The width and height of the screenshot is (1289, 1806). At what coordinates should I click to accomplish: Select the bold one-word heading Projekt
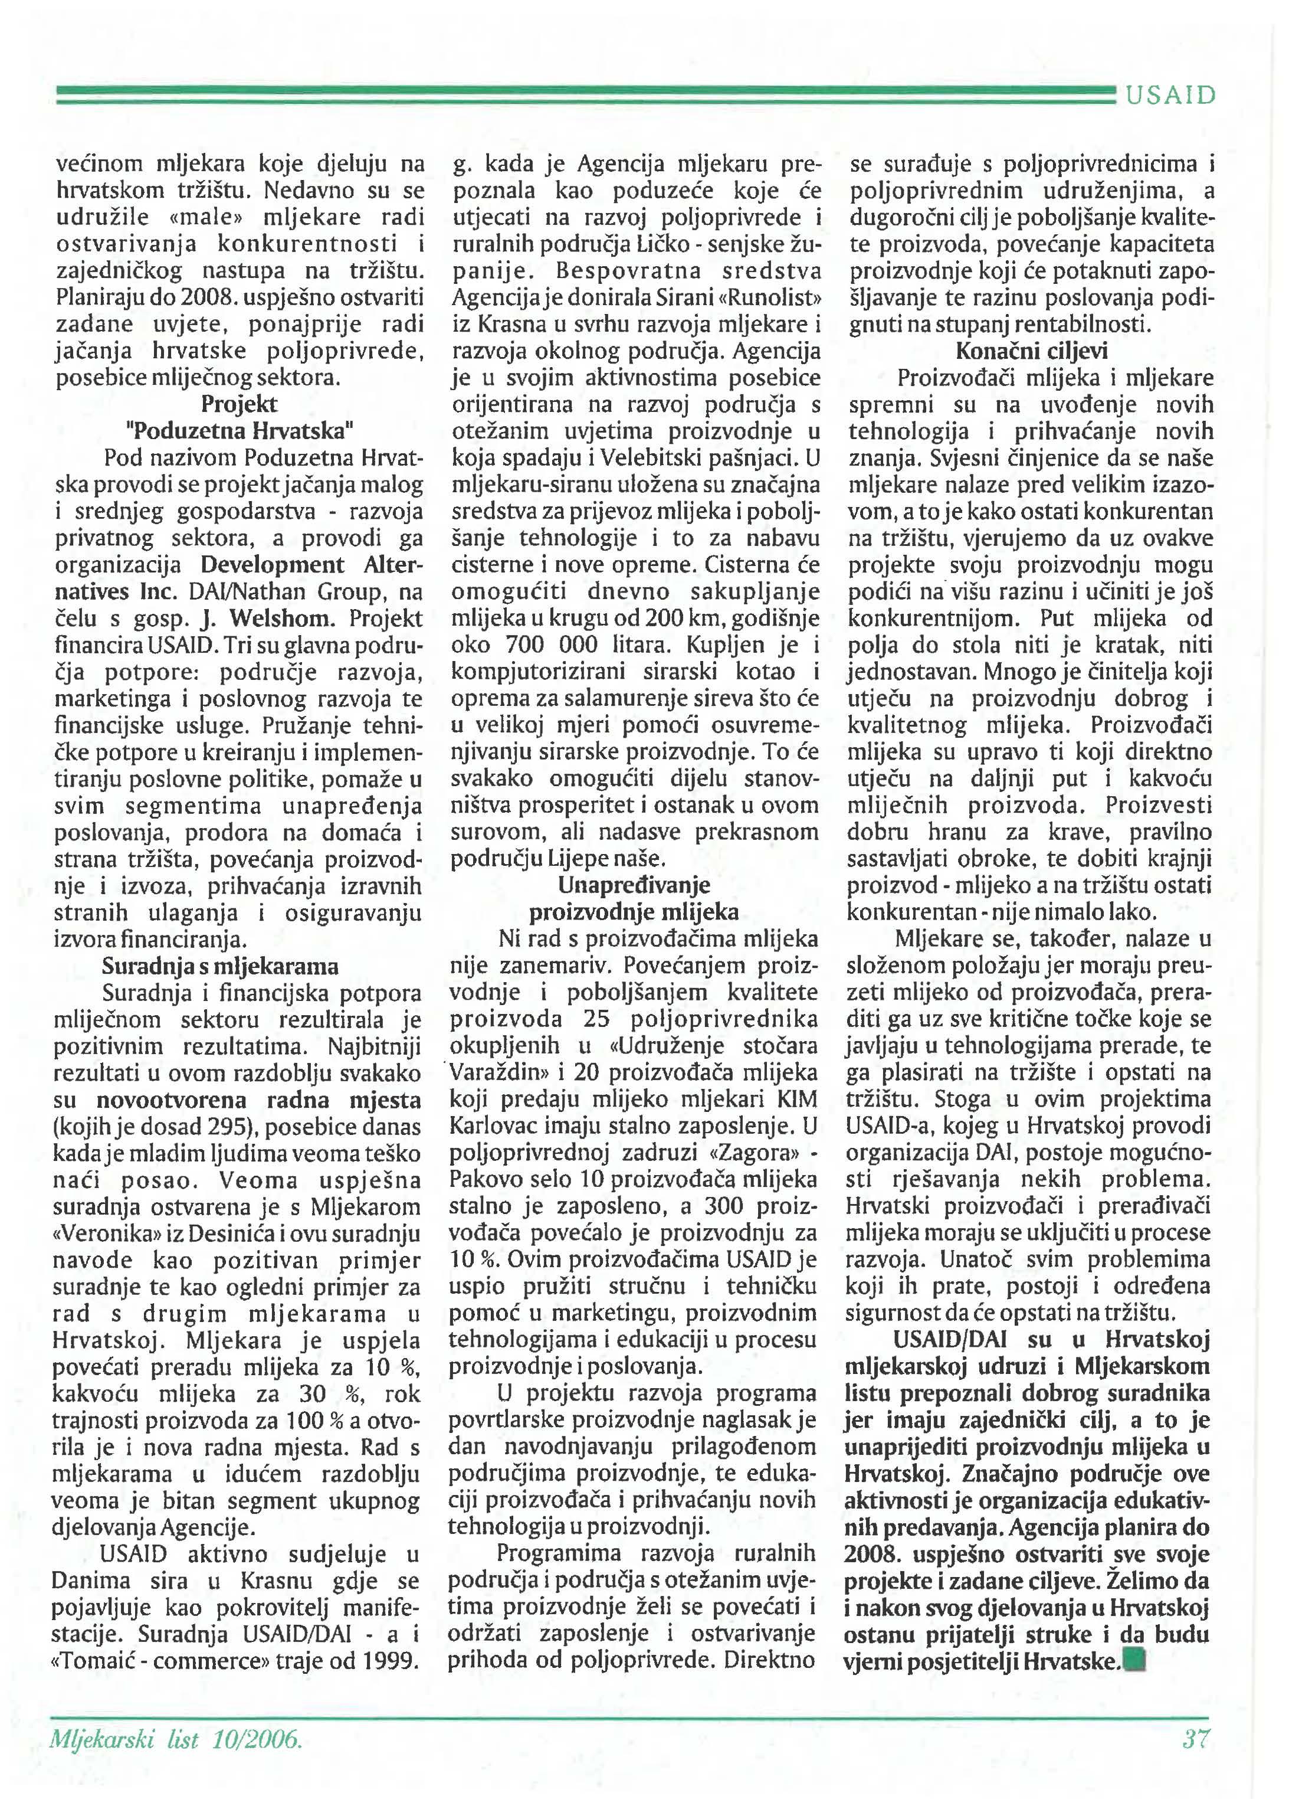(x=239, y=404)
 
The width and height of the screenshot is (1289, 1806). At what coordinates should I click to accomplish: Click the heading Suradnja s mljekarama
(x=220, y=966)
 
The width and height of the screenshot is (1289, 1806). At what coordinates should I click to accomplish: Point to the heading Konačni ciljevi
(x=1032, y=351)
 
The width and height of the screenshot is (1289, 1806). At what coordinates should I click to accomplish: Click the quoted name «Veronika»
(x=108, y=1235)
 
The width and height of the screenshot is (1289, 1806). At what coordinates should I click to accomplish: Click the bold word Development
(x=272, y=565)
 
